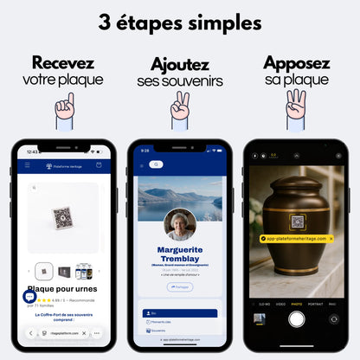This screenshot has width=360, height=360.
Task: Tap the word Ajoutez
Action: pyautogui.click(x=179, y=65)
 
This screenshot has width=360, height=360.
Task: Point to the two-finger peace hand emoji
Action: pyautogui.click(x=179, y=106)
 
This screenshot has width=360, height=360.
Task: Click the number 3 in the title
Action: pyautogui.click(x=106, y=21)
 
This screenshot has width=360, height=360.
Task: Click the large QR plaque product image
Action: pyautogui.click(x=62, y=216)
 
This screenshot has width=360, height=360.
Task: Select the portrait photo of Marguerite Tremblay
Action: pyautogui.click(x=180, y=224)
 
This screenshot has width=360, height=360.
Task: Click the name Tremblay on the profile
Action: pyautogui.click(x=180, y=257)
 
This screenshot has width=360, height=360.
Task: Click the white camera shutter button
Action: pyautogui.click(x=295, y=318)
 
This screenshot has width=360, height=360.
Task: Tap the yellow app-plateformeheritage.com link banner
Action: pyautogui.click(x=295, y=237)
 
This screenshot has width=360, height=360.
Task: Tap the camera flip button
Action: pyautogui.click(x=333, y=318)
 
